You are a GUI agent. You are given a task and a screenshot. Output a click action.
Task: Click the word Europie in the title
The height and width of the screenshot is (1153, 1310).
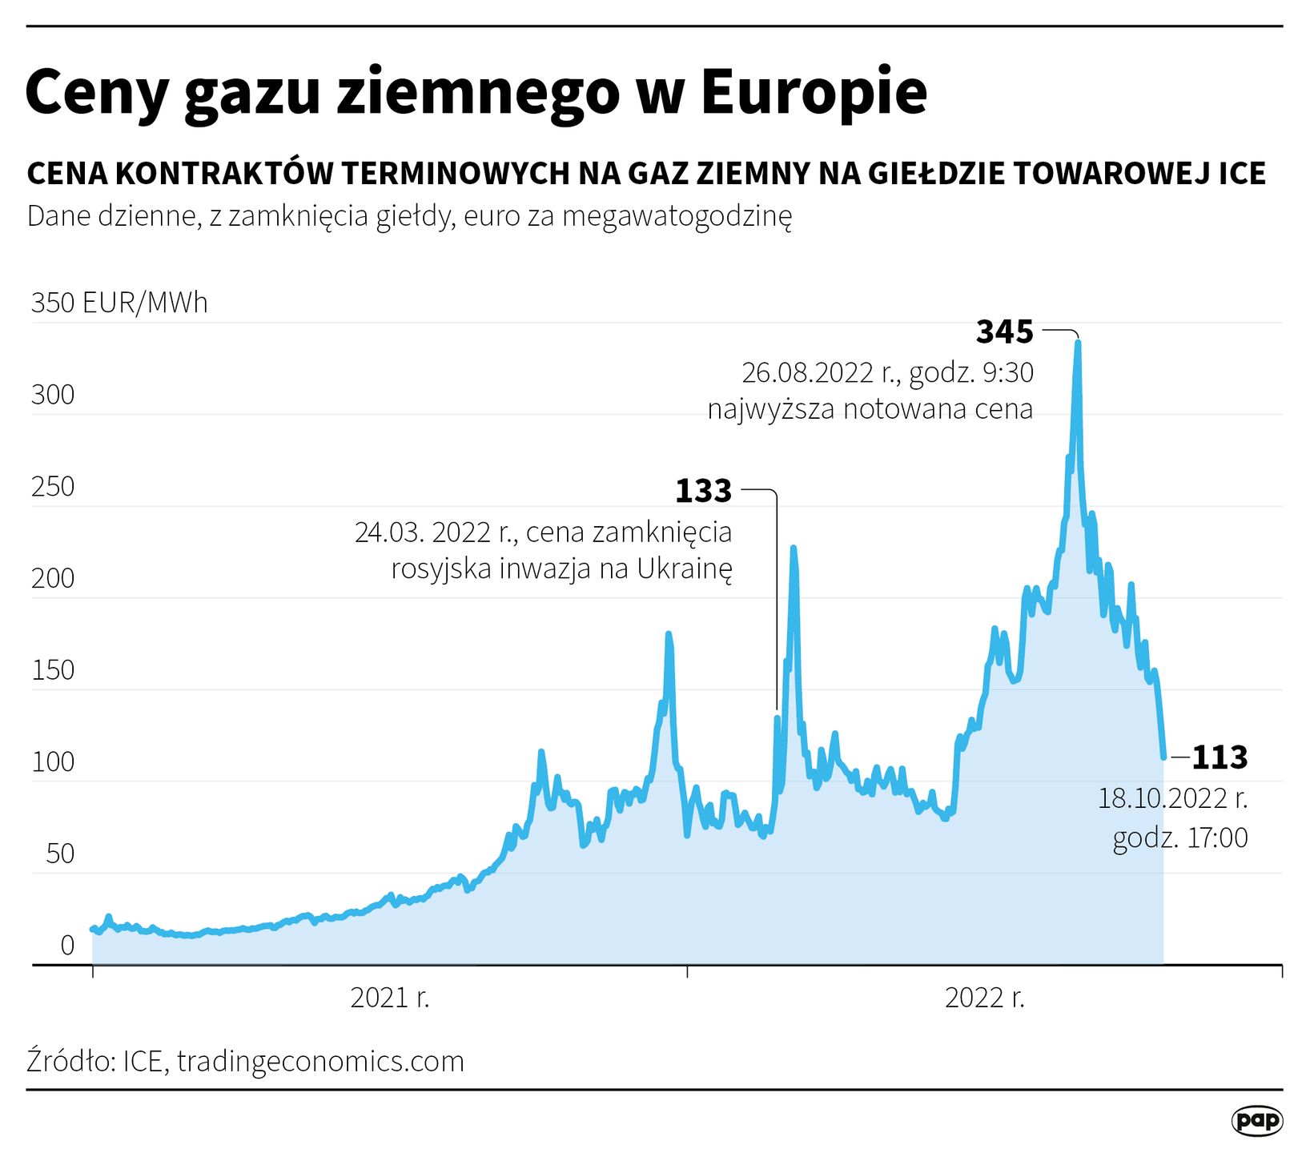(814, 92)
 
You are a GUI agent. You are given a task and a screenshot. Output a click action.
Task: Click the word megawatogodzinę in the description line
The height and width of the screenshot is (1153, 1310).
(677, 216)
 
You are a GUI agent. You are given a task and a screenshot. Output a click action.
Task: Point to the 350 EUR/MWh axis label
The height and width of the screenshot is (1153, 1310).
(119, 303)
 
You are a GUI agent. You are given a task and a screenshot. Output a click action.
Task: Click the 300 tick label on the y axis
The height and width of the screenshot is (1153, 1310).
(53, 395)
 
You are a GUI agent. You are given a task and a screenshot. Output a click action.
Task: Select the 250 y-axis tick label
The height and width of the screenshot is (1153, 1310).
(53, 487)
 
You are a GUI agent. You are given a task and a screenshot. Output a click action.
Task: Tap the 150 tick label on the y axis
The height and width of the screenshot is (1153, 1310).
(53, 670)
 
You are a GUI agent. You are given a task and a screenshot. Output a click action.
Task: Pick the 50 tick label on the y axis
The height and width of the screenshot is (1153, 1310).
(60, 854)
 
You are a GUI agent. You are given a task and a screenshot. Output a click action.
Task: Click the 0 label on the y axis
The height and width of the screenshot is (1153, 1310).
(67, 946)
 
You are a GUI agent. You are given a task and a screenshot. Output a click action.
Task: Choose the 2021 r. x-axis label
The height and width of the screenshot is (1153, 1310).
(390, 998)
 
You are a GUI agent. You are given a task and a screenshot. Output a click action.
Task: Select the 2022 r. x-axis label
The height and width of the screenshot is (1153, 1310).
(985, 998)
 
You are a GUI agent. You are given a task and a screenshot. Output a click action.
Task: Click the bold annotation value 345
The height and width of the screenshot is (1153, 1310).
(1005, 331)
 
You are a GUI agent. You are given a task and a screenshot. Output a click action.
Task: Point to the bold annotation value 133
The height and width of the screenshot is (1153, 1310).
(703, 491)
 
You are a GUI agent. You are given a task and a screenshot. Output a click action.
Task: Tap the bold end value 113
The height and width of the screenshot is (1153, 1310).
(1220, 757)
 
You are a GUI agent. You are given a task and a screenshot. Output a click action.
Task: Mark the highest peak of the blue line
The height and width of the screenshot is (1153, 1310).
(1078, 343)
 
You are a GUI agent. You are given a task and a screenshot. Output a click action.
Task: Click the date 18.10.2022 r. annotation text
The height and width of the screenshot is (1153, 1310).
(1172, 798)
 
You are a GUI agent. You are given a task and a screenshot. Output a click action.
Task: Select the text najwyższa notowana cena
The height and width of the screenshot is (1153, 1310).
(870, 409)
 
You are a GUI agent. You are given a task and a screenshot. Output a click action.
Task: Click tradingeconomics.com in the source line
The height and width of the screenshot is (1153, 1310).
(320, 1061)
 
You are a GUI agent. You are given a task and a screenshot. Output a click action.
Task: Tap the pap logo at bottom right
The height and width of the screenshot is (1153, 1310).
(1256, 1120)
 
